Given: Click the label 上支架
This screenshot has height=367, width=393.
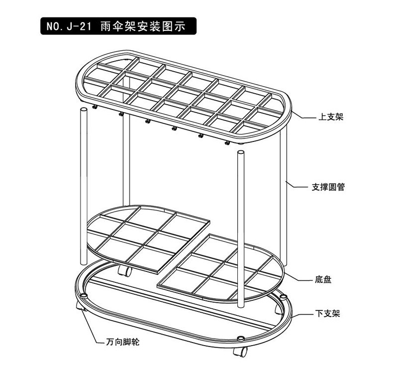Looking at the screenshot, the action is pos(331,118).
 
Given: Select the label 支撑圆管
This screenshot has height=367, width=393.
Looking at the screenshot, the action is pos(328,188).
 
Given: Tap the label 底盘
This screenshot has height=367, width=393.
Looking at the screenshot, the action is pos(323,280).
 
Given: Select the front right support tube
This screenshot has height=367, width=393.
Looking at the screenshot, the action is pos(241,229).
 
